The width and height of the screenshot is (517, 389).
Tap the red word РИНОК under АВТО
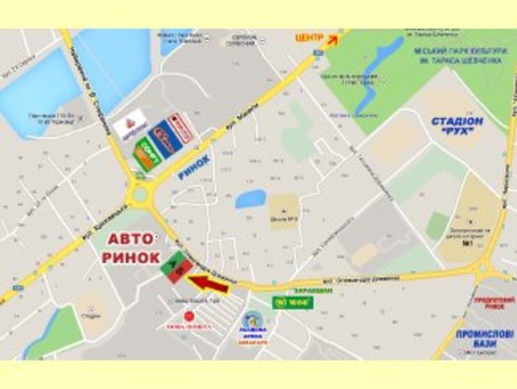click(131, 258)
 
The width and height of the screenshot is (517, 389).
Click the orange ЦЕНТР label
click(308, 38)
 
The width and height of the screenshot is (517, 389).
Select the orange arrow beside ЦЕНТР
click(333, 36)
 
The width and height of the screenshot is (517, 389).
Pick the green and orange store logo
click(144, 155)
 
